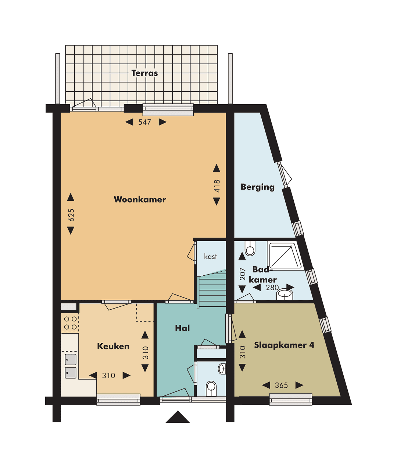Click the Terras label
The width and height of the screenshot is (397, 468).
click(144, 73)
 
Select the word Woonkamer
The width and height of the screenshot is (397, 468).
click(140, 200)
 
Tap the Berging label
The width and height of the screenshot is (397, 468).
click(257, 187)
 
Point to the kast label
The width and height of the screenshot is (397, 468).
click(210, 256)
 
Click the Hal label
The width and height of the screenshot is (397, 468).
click(182, 328)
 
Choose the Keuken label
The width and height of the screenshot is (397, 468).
click(113, 346)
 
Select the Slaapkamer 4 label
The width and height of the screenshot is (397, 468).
click(284, 345)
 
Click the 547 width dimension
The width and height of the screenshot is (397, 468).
click(144, 122)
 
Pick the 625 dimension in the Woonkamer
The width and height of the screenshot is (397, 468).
click(71, 215)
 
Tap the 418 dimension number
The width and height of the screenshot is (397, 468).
click(217, 186)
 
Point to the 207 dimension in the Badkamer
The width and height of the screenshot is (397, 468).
click(243, 274)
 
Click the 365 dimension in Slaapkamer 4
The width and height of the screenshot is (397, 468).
click(281, 386)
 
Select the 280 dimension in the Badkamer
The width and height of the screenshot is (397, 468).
click(272, 288)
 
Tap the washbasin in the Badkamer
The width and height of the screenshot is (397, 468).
click(285, 294)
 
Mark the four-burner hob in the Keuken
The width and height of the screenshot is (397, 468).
click(70, 323)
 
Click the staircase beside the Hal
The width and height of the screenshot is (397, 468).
click(212, 291)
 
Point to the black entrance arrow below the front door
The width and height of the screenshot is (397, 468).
click(178, 417)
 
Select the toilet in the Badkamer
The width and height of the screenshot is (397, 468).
click(250, 249)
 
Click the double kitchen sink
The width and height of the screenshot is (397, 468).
click(71, 366)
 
